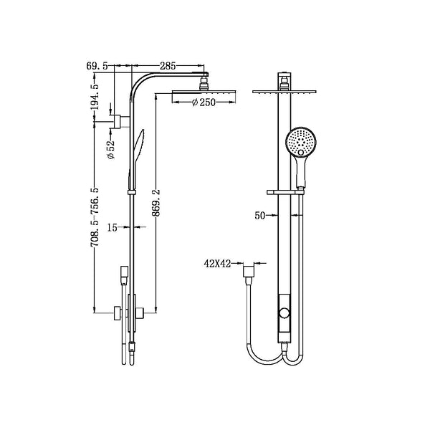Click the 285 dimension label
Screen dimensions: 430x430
click(168, 66)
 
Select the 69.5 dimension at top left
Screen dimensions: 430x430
click(97, 66)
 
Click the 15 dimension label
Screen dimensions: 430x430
click(112, 228)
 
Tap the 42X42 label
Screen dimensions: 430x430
click(216, 264)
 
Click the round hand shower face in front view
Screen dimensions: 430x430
click(299, 141)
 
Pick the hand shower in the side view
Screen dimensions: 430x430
click(137, 150)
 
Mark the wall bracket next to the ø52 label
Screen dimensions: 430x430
click(115, 118)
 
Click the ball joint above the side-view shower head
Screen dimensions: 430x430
click(203, 80)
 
